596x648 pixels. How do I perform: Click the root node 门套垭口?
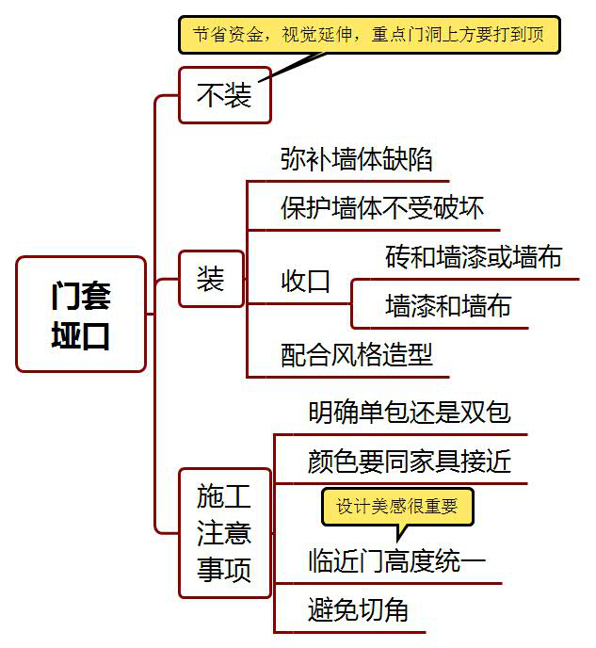(82, 315)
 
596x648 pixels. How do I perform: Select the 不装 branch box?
(225, 94)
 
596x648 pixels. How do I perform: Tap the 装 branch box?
(211, 279)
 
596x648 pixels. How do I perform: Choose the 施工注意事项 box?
(224, 532)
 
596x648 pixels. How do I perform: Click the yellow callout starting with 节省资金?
(369, 36)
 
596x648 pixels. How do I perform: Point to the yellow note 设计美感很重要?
(397, 506)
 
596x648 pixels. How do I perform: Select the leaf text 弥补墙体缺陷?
(357, 159)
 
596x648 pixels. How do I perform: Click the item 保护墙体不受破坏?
(382, 207)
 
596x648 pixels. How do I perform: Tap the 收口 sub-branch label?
(306, 280)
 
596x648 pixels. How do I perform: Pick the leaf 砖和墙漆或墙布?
(474, 256)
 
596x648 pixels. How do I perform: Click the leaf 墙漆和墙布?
(448, 305)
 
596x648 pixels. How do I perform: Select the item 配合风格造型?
(357, 354)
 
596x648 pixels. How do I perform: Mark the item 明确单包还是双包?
(410, 413)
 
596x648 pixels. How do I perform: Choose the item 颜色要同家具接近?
(410, 461)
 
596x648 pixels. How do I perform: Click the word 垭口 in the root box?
(81, 335)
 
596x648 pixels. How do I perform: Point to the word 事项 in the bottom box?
(224, 568)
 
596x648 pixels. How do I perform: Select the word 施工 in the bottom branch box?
(224, 495)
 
